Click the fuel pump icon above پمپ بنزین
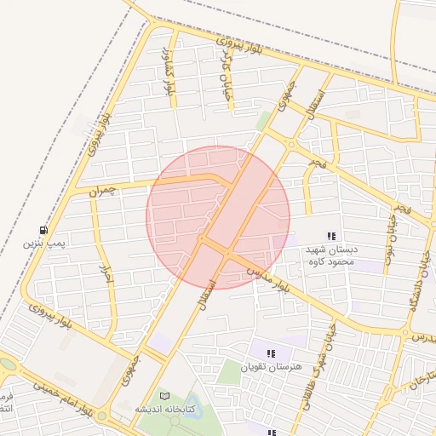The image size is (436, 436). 43,231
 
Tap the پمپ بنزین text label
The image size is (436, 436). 43,244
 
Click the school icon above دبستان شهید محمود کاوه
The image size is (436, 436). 331,236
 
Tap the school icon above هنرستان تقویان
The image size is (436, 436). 271,353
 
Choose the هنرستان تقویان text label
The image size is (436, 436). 272,367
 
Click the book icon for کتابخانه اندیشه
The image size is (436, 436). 164,396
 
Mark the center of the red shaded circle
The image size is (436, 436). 218,217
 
